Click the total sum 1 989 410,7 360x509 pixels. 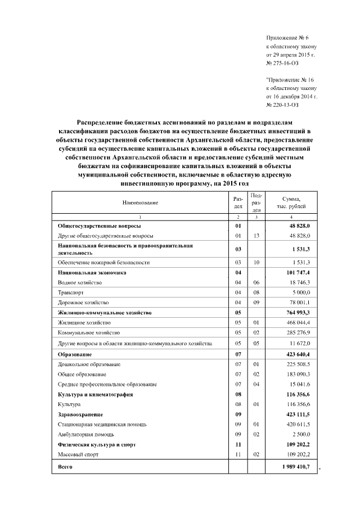[295, 467]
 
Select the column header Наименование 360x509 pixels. [140, 202]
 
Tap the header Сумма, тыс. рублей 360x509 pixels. [291, 202]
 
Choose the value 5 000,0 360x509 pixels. [300, 292]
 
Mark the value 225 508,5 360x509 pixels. [298, 364]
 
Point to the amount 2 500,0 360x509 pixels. [300, 434]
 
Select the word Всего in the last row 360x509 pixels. [66, 467]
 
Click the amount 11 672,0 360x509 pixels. [299, 343]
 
